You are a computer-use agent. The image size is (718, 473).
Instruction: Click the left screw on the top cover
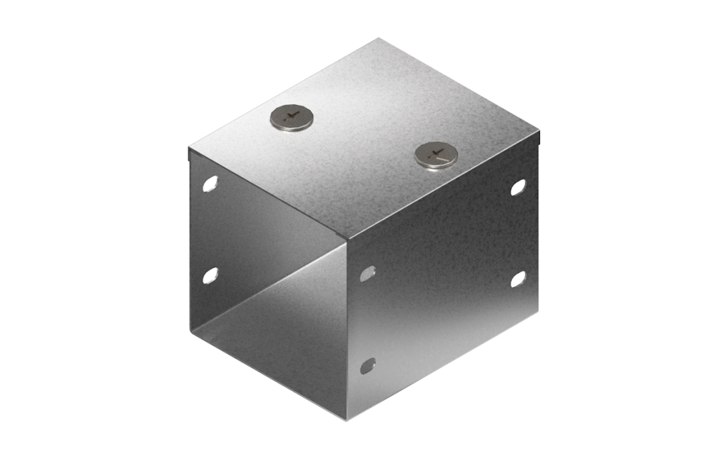(x=292, y=117)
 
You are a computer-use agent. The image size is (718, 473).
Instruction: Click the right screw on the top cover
(x=435, y=154)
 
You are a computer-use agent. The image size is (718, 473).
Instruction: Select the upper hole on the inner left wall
(x=210, y=184)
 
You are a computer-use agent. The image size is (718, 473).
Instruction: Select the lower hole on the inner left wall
(x=210, y=275)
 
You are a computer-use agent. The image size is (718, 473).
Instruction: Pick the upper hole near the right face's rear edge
(x=518, y=187)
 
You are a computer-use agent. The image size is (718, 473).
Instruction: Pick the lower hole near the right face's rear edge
(x=518, y=279)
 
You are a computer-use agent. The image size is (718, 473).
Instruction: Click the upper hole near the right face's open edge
(x=367, y=273)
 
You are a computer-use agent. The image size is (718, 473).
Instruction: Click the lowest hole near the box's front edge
(x=367, y=365)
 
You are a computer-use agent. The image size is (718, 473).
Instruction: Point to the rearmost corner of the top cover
(x=379, y=39)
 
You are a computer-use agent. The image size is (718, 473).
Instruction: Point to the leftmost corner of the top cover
(x=189, y=149)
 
